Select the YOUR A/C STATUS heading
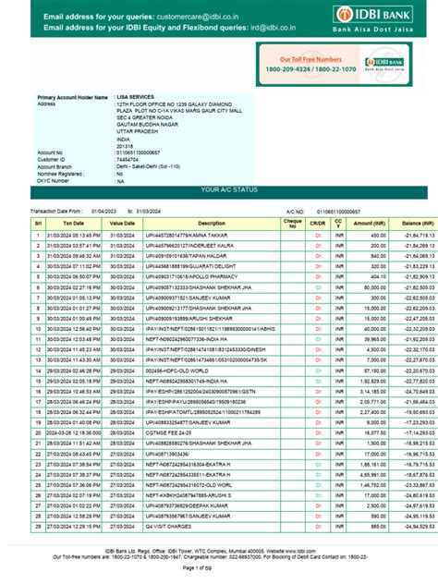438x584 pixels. pos(218,190)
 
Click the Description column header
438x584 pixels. pos(211,223)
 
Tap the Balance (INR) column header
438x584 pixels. pos(418,223)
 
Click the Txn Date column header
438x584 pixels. pos(73,223)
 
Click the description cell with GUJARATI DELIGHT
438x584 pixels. pos(195,265)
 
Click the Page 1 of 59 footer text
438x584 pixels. pos(219,578)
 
